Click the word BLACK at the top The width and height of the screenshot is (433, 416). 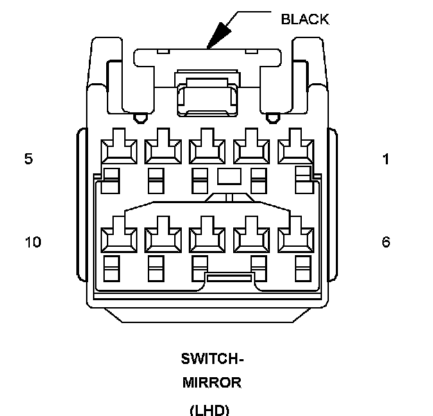pyautogui.click(x=305, y=19)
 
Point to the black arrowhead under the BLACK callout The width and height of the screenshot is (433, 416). pyautogui.click(x=219, y=35)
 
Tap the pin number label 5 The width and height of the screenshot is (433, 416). pyautogui.click(x=28, y=159)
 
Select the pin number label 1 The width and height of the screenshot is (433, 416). pyautogui.click(x=386, y=159)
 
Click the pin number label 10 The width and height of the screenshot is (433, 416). pyautogui.click(x=33, y=242)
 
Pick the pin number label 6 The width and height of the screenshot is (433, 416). pyautogui.click(x=386, y=242)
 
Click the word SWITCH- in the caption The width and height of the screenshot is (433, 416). pyautogui.click(x=212, y=359)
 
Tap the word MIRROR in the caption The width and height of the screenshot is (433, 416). pyautogui.click(x=212, y=383)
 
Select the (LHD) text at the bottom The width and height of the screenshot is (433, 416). pyautogui.click(x=210, y=410)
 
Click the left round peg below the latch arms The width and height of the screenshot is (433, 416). pyautogui.click(x=141, y=119)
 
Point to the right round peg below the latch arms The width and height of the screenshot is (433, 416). pyautogui.click(x=273, y=119)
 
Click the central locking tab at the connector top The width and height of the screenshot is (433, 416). pyautogui.click(x=207, y=94)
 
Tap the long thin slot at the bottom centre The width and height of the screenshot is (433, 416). pyautogui.click(x=229, y=278)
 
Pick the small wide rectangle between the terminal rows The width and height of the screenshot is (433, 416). pyautogui.click(x=229, y=176)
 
